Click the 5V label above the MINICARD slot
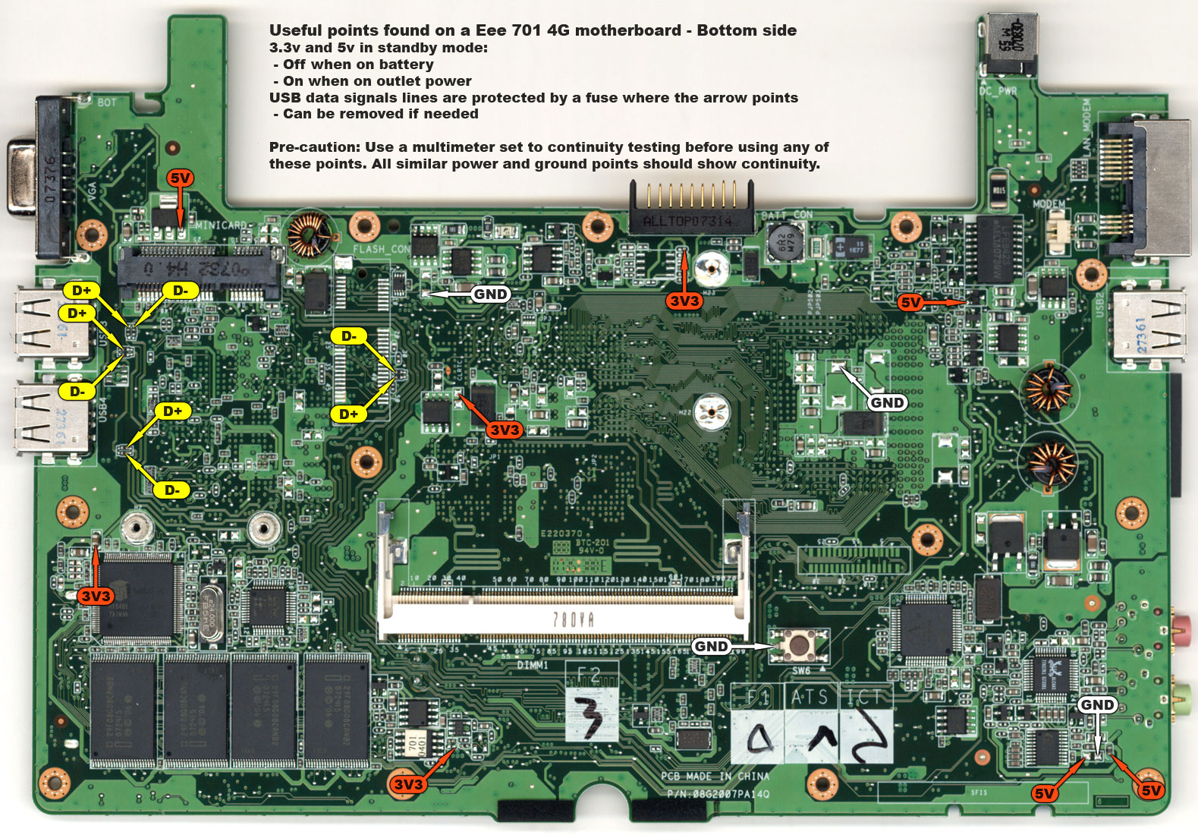(x=181, y=178)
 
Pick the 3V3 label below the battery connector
(x=684, y=301)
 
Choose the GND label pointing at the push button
(x=712, y=646)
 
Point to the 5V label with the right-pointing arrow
(x=910, y=302)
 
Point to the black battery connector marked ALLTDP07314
(x=690, y=217)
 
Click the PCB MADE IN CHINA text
(x=715, y=776)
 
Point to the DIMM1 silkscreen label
(x=533, y=665)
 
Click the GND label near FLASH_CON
(x=490, y=294)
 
